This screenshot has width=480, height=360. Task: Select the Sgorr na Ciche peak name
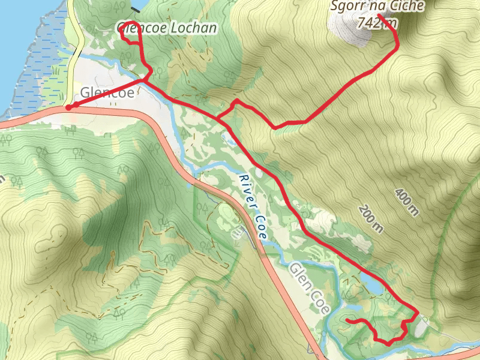tap(377, 7)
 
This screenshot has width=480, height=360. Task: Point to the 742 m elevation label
tap(376, 23)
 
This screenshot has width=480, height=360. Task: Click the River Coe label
tap(251, 208)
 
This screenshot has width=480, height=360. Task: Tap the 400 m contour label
tap(407, 201)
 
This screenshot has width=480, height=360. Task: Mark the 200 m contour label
tap(370, 218)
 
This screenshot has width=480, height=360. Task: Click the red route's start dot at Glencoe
tap(69, 107)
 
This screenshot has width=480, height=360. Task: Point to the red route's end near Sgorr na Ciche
tap(380, 14)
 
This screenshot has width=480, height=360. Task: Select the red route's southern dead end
tap(348, 322)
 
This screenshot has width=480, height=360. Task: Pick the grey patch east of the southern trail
tap(422, 326)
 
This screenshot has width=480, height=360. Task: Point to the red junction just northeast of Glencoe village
tap(144, 79)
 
